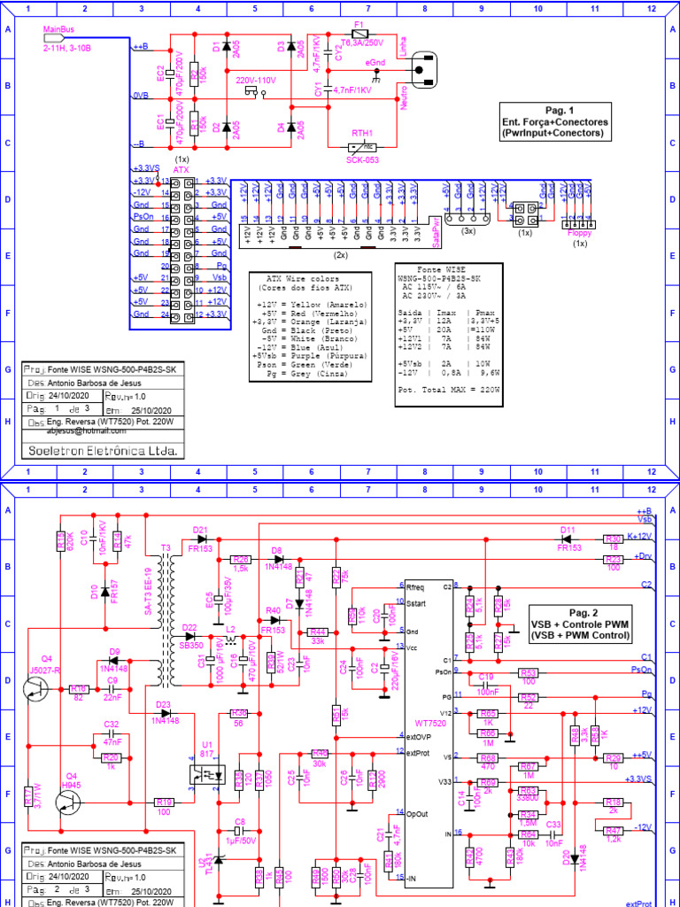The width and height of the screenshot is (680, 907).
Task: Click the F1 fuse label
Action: [359, 24]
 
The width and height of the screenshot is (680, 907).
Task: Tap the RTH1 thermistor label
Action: [361, 133]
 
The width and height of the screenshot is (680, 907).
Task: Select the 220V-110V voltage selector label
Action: [255, 80]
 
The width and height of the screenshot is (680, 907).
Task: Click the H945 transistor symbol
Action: [67, 802]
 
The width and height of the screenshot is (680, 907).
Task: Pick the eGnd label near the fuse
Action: [375, 61]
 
